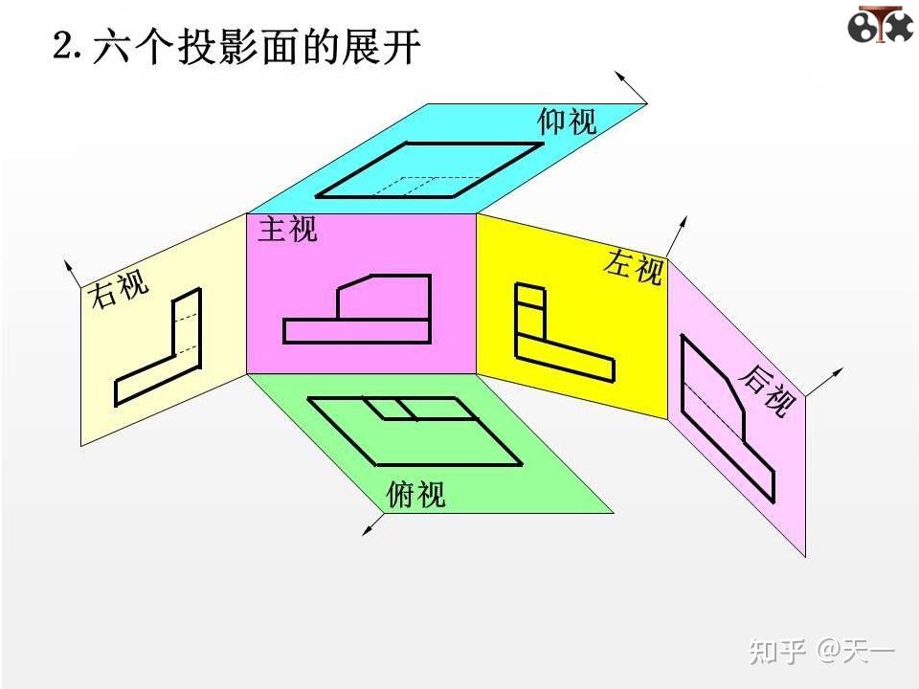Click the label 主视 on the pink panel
(x=287, y=230)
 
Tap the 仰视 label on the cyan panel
(x=567, y=122)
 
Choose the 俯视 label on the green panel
(x=416, y=494)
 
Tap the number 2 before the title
(x=63, y=46)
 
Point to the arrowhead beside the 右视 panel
(x=69, y=263)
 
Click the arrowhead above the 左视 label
(x=684, y=223)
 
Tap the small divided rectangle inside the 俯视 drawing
(x=392, y=409)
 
